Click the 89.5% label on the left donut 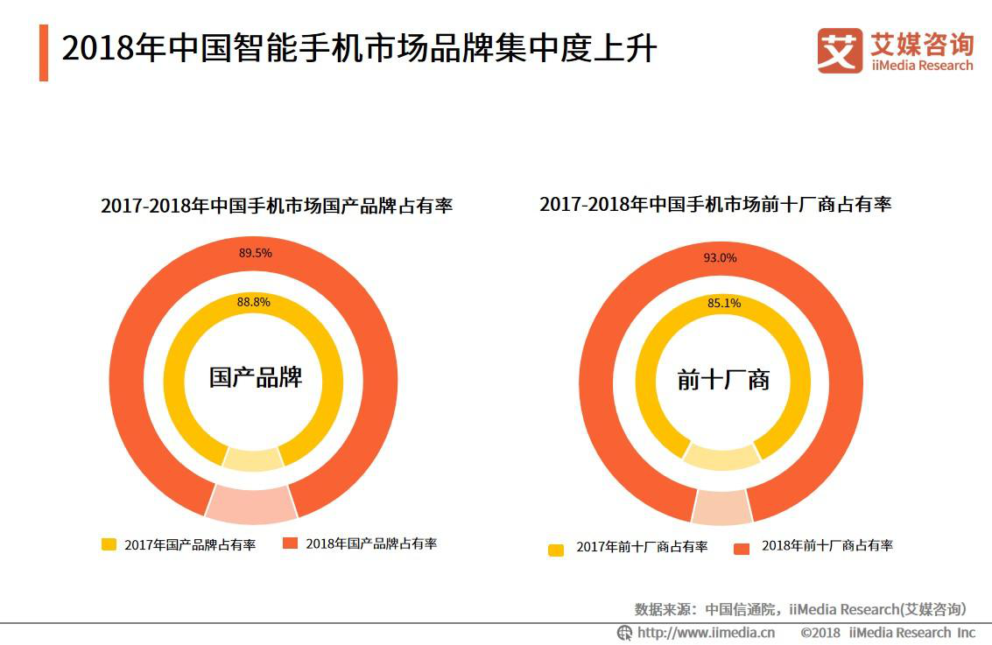pyautogui.click(x=256, y=253)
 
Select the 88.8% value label pyautogui.click(x=254, y=302)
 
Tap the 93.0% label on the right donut pyautogui.click(x=720, y=258)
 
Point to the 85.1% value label pyautogui.click(x=723, y=304)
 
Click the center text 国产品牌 pyautogui.click(x=255, y=377)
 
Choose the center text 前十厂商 pyautogui.click(x=723, y=380)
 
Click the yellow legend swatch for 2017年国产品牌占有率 pyautogui.click(x=109, y=544)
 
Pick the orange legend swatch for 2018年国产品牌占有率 pyautogui.click(x=291, y=543)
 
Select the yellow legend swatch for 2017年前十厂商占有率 pyautogui.click(x=556, y=549)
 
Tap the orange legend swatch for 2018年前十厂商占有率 pyautogui.click(x=742, y=548)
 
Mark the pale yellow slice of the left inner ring pyautogui.click(x=253, y=459)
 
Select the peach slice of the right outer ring pyautogui.click(x=721, y=507)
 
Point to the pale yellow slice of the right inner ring pyautogui.click(x=722, y=458)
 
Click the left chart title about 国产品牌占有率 pyautogui.click(x=277, y=207)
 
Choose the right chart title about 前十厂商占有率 pyautogui.click(x=715, y=204)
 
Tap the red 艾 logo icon pyautogui.click(x=840, y=51)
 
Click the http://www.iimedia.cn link pyautogui.click(x=706, y=633)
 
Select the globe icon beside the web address pyautogui.click(x=625, y=633)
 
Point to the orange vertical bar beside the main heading pyautogui.click(x=44, y=53)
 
